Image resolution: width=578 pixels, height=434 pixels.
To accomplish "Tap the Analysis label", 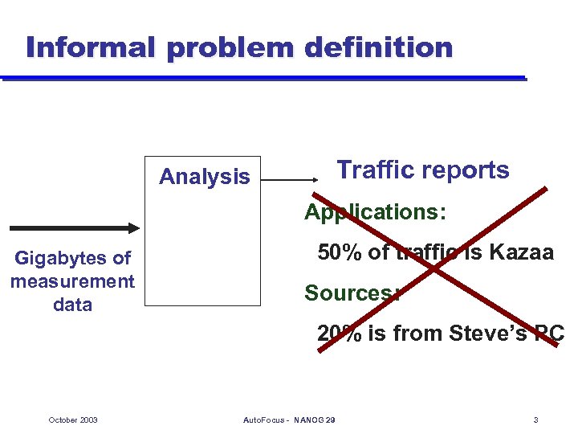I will [x=204, y=177].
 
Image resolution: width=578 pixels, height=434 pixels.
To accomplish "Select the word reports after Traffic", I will [x=469, y=171].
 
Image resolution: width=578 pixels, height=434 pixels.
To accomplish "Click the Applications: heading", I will [x=375, y=212].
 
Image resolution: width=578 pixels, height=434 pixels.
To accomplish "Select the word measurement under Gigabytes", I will [x=72, y=281].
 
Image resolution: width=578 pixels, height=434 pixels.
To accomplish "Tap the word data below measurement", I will [x=72, y=305].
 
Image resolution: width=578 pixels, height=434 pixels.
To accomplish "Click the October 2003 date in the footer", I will [x=73, y=420].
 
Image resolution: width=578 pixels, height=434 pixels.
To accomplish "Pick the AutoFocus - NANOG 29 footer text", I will [x=288, y=420].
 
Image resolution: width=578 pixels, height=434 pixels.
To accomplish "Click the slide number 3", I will [x=535, y=420].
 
